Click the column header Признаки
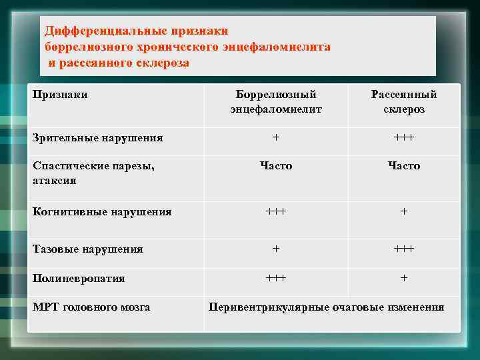point(60,95)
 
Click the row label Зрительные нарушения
point(97,138)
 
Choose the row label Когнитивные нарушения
point(102,211)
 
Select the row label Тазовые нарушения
point(87,249)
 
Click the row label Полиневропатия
point(79,278)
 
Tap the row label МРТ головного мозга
point(91,307)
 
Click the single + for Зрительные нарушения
point(276,137)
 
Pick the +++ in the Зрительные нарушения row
point(404,137)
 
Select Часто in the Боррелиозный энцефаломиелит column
point(276,165)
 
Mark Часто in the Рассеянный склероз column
point(404,165)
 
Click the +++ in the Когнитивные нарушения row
point(276,211)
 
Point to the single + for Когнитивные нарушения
point(404,211)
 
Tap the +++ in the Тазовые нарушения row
point(404,248)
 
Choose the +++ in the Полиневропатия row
point(276,277)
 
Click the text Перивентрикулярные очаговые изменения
point(326,307)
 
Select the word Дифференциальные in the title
point(95,31)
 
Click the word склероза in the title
point(161,63)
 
